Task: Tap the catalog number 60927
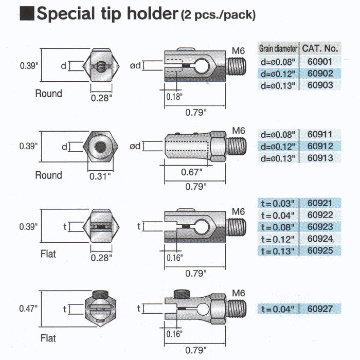(x=319, y=309)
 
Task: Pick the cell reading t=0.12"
(x=278, y=239)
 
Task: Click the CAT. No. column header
(x=320, y=49)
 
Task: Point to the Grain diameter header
(x=278, y=49)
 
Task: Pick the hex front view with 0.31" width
(x=100, y=147)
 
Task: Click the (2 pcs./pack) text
(x=218, y=15)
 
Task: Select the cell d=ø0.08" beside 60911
(x=278, y=135)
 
